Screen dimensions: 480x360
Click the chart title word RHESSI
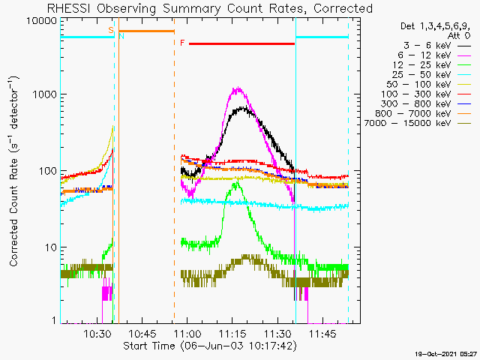pos(69,8)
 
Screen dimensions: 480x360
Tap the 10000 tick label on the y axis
pos(42,21)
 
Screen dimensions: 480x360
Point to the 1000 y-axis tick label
pos(45,94)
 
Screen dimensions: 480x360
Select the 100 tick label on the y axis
pos(48,171)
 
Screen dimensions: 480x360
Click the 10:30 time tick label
pos(97,334)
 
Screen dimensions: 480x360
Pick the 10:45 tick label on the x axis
pos(142,334)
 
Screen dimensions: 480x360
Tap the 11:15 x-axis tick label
pos(232,334)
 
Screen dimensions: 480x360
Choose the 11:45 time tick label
pos(322,334)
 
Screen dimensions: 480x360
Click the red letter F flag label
pos(182,43)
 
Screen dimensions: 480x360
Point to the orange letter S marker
pos(111,30)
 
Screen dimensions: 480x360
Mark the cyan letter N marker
pos(121,36)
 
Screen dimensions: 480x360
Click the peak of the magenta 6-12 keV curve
pos(238,88)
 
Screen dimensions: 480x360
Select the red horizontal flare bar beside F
pos(241,43)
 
